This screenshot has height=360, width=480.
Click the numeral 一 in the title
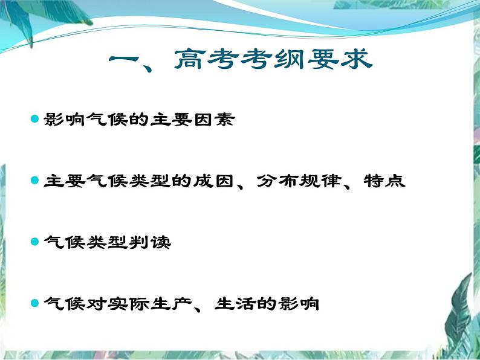(x=125, y=60)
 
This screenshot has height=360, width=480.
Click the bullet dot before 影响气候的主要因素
(x=35, y=118)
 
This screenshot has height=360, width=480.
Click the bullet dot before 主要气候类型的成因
(x=35, y=180)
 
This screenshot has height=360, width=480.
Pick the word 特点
(x=384, y=181)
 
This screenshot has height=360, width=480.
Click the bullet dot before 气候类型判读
(x=35, y=242)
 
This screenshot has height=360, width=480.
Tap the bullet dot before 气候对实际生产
(x=35, y=303)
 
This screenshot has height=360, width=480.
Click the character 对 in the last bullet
(x=96, y=303)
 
